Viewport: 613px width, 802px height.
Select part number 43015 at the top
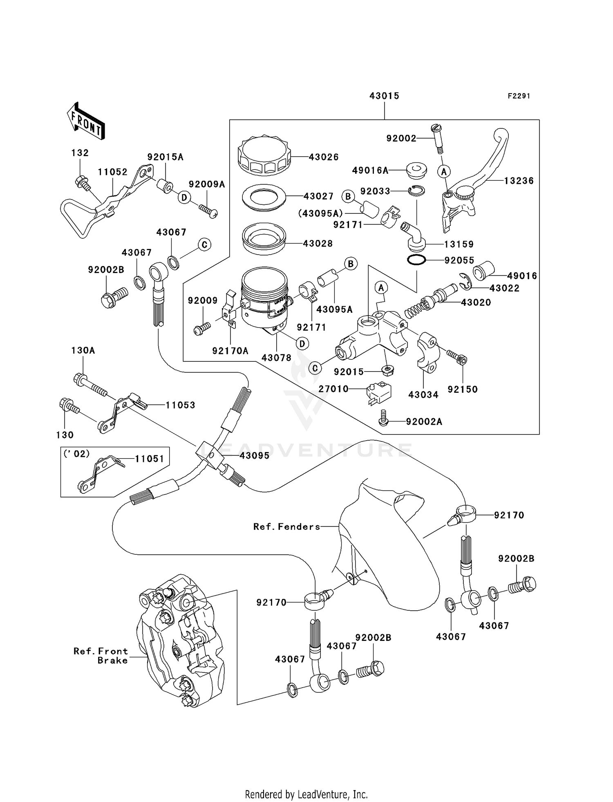[x=384, y=96]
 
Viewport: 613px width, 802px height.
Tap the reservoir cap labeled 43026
[x=264, y=156]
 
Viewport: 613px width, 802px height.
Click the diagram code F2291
[x=519, y=96]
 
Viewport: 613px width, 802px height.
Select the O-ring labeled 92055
[x=416, y=260]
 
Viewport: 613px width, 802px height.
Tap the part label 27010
[x=333, y=389]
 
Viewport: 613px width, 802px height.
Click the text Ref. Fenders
[x=286, y=527]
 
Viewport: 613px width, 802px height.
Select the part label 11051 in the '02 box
[x=150, y=459]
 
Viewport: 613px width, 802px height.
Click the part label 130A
[x=83, y=350]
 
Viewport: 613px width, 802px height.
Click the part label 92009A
[x=207, y=184]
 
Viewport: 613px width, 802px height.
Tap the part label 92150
[x=463, y=389]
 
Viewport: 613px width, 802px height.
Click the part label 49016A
[x=370, y=170]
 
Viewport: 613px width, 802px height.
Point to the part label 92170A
[x=230, y=351]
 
